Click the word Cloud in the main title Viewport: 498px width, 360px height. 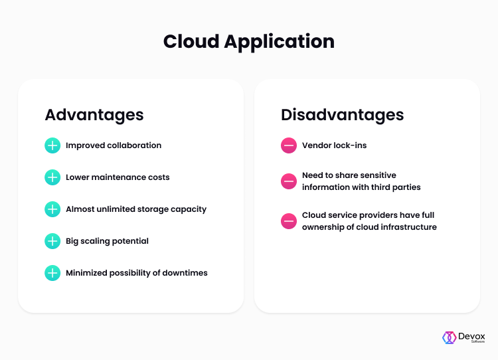(x=191, y=41)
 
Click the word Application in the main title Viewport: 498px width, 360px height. (x=279, y=43)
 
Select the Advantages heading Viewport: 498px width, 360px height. (x=94, y=115)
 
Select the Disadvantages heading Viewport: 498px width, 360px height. (x=343, y=115)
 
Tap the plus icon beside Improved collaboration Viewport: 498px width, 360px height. (x=52, y=145)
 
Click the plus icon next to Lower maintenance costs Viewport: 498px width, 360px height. (x=52, y=177)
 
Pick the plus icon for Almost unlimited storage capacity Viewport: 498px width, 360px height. (x=52, y=209)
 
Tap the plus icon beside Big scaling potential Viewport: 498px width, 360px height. (x=52, y=241)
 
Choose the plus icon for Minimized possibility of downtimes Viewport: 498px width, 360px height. (x=52, y=273)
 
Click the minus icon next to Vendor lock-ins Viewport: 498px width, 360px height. (x=289, y=145)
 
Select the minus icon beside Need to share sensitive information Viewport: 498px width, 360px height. (x=289, y=181)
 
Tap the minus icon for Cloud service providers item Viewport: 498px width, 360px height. (x=289, y=221)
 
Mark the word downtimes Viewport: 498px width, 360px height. (x=185, y=272)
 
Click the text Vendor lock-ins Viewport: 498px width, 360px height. (x=334, y=145)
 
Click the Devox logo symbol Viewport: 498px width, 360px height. (x=450, y=338)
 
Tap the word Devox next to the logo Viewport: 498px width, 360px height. (x=471, y=336)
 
